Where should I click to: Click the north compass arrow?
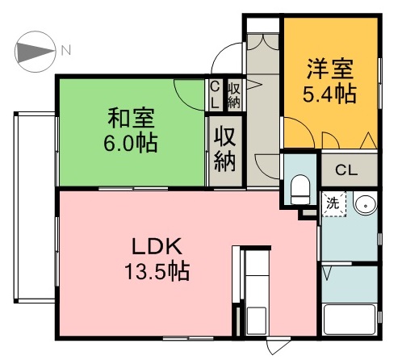pos(34,51)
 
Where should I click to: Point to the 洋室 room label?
pos(328,68)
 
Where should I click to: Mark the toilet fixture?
pos(300,187)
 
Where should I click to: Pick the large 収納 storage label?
pos(225,148)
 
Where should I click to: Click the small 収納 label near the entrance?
pos(234,94)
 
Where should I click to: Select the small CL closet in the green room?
pos(216,94)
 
